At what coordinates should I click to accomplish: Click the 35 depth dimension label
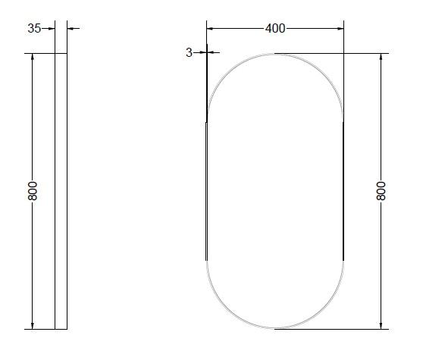tap(34, 29)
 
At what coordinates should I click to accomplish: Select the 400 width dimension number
tap(275, 29)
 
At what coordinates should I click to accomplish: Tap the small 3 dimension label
tap(189, 53)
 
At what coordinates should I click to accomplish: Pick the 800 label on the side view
tap(33, 191)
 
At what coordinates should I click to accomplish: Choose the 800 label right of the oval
tap(381, 190)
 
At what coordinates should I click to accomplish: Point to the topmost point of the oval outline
tap(275, 54)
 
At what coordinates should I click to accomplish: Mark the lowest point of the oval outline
tap(275, 329)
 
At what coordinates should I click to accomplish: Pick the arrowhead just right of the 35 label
tap(50, 29)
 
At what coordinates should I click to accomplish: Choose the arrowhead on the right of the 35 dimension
tap(71, 29)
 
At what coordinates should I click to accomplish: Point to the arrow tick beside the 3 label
tap(202, 52)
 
